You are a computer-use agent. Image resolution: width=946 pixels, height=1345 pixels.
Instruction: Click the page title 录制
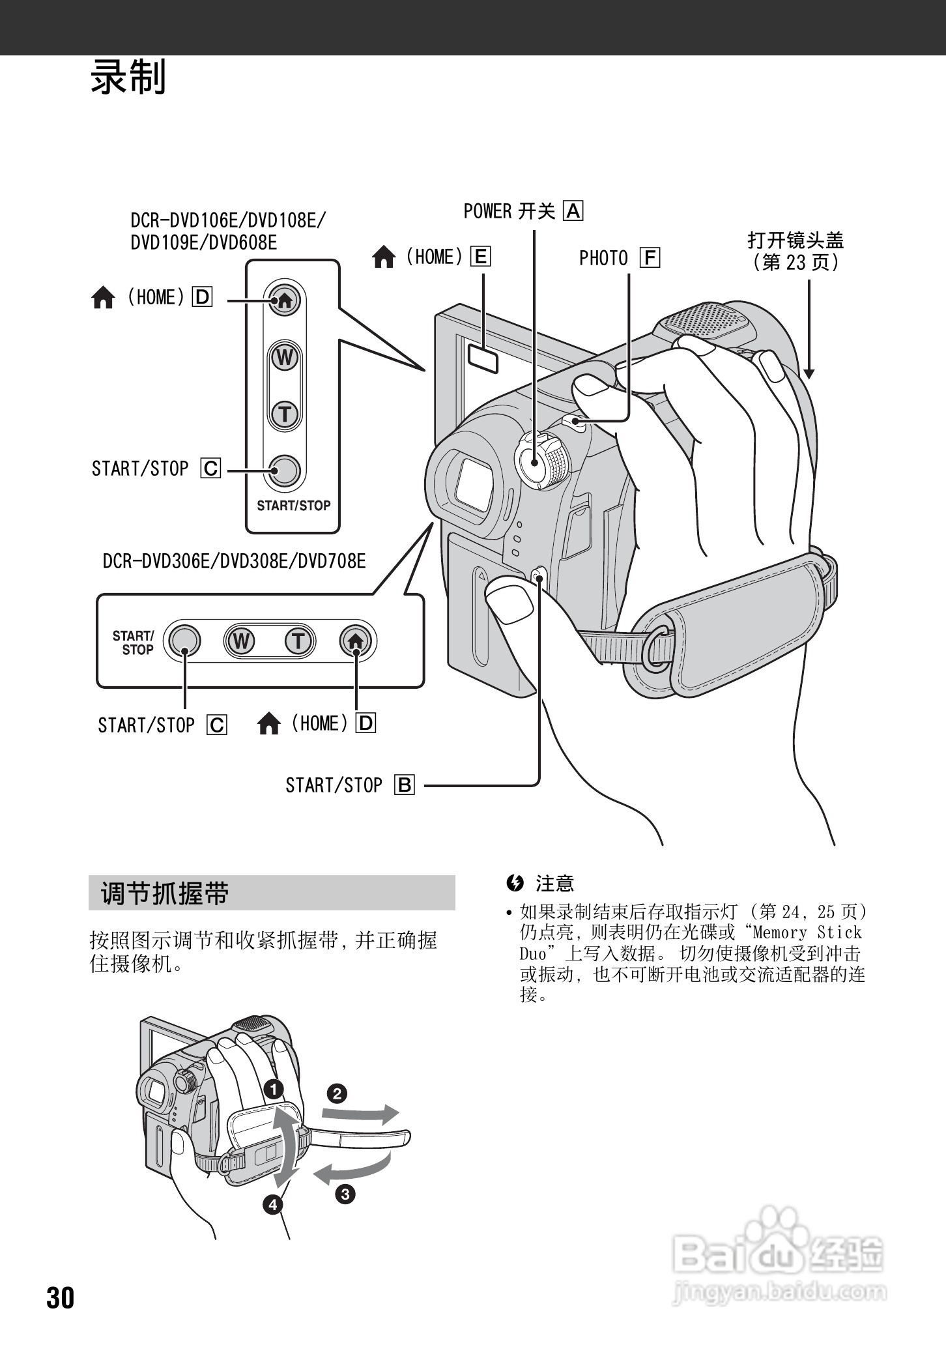pyautogui.click(x=128, y=77)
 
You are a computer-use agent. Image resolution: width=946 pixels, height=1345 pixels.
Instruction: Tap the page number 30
pyautogui.click(x=61, y=1297)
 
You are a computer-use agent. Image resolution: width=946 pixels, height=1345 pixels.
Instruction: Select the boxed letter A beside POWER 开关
pyautogui.click(x=574, y=211)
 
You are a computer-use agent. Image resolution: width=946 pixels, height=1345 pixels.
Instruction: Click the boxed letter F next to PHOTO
pyautogui.click(x=650, y=258)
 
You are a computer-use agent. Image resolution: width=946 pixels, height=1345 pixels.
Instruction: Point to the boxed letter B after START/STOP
pyautogui.click(x=405, y=785)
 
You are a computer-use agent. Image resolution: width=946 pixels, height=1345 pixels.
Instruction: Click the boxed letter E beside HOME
pyautogui.click(x=480, y=257)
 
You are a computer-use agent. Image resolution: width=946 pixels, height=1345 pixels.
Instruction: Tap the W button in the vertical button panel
pyautogui.click(x=285, y=358)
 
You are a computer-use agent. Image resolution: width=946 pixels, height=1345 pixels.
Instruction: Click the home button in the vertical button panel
pyautogui.click(x=285, y=300)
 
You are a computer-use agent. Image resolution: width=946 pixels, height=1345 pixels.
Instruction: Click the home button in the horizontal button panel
pyautogui.click(x=356, y=641)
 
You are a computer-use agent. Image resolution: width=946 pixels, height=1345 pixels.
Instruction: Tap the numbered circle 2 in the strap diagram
pyautogui.click(x=336, y=1093)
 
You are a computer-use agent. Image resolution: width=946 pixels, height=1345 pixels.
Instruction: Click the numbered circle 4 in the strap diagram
pyautogui.click(x=273, y=1204)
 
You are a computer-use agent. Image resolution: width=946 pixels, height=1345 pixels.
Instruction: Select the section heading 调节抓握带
pyautogui.click(x=165, y=893)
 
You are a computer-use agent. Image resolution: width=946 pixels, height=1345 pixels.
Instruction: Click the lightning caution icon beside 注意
pyautogui.click(x=515, y=883)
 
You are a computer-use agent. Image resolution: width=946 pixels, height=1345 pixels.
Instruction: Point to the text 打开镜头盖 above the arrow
pyautogui.click(x=795, y=240)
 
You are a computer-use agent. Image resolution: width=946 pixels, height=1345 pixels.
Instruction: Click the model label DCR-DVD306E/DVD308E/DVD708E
pyautogui.click(x=235, y=561)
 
